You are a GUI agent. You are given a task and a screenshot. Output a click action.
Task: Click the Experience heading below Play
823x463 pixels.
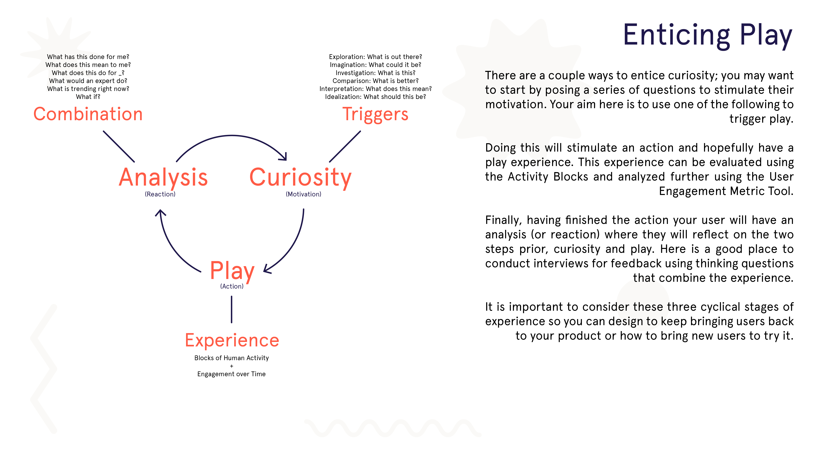point(232,340)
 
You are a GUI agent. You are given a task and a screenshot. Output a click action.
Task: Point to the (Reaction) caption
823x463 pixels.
point(160,194)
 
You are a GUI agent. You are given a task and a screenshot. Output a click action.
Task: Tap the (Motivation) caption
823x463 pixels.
point(304,194)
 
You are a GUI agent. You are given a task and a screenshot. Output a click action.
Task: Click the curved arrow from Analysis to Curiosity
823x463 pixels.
point(232,136)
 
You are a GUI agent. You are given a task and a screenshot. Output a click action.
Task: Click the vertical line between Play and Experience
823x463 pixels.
point(232,309)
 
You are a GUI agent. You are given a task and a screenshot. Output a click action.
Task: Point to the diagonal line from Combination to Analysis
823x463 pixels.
point(119,146)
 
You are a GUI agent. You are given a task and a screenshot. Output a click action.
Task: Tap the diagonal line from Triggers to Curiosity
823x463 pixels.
point(345,146)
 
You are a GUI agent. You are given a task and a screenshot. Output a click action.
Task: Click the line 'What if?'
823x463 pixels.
point(88,97)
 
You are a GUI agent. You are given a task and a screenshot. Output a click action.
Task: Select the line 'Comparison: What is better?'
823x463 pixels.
point(375,81)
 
